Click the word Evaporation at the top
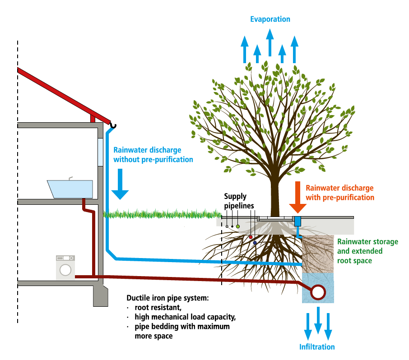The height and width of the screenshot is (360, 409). coord(270,19)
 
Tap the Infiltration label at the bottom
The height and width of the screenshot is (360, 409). coord(317,347)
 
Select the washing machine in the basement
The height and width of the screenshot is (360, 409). coord(66,268)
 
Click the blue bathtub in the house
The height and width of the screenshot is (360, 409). coord(70,189)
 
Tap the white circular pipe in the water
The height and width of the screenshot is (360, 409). coord(318,292)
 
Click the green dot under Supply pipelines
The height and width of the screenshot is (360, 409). coord(238,226)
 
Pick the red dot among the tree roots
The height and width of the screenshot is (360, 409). coord(251,237)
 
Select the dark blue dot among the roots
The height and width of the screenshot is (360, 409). coord(255,243)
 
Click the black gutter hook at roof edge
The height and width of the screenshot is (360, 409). coord(114,125)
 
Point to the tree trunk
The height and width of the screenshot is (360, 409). coord(275,194)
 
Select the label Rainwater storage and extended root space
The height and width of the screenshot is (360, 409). coord(367,251)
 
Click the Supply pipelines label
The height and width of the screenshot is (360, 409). coord(236,201)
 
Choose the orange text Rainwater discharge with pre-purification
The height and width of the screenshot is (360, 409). coord(339,193)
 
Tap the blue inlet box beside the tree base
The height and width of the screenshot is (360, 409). coord(297,221)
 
